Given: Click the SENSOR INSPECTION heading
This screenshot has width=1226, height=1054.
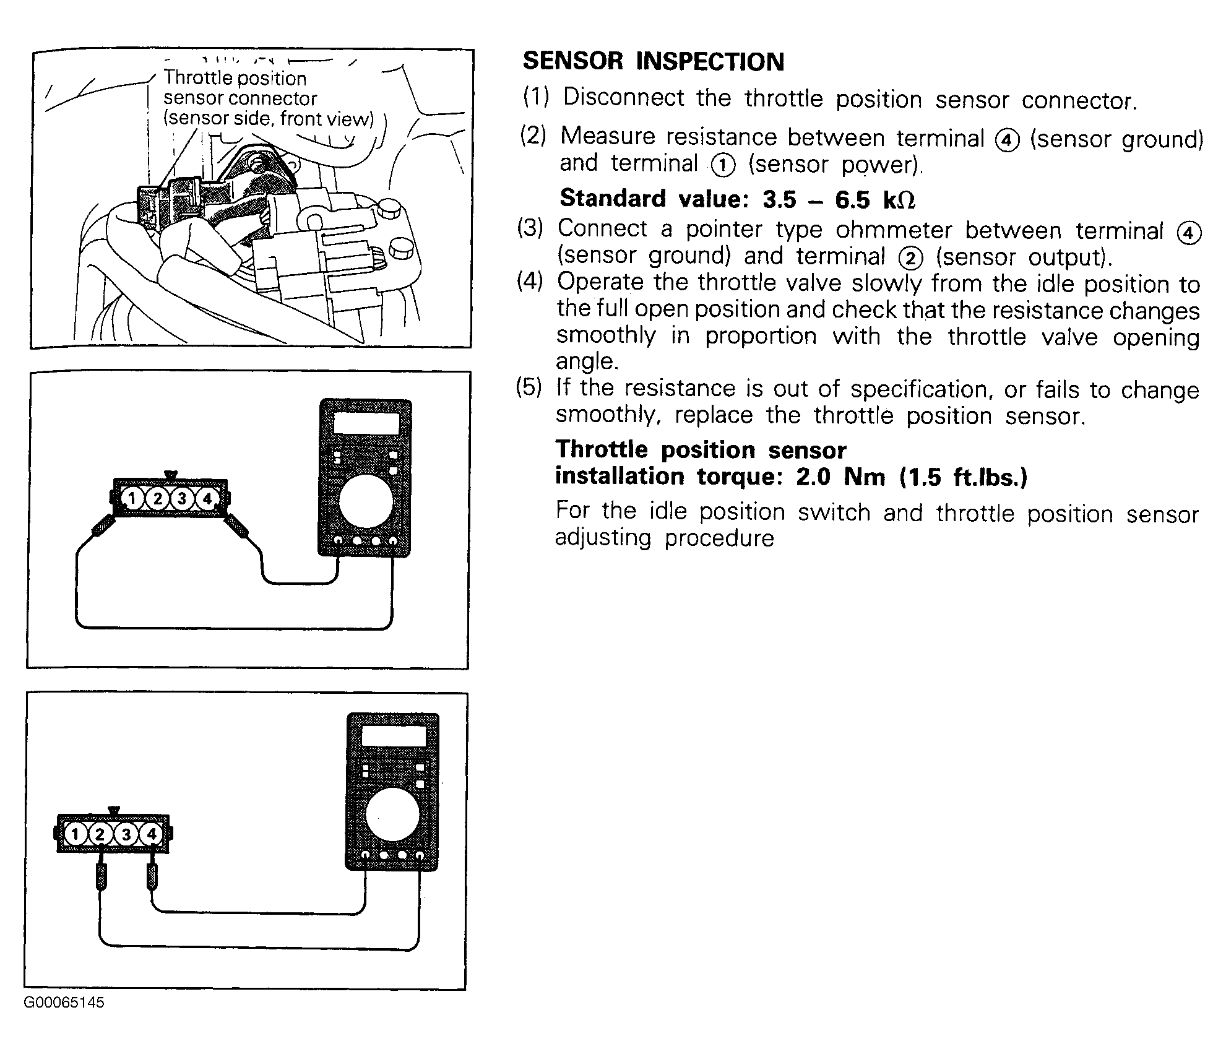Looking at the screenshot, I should [653, 61].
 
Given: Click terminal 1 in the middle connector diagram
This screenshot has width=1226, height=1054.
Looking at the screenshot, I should [131, 498].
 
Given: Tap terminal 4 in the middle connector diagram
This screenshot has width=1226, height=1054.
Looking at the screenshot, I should [207, 498].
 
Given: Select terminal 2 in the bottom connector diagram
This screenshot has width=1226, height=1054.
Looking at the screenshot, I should [100, 834].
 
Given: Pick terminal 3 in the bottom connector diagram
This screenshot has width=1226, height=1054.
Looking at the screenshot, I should [126, 834].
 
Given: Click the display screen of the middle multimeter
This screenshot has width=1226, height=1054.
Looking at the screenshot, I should [366, 424].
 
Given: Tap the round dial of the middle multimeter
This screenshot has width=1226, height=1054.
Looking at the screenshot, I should [366, 499].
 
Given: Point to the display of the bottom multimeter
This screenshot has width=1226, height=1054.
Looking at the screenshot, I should [394, 737].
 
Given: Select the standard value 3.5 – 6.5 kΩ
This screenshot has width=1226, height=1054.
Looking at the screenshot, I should [839, 199].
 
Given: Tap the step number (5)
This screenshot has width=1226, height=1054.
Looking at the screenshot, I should [529, 388].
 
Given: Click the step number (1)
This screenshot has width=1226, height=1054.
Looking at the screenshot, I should [536, 97].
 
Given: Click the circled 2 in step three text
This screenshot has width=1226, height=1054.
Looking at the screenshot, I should [910, 257].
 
